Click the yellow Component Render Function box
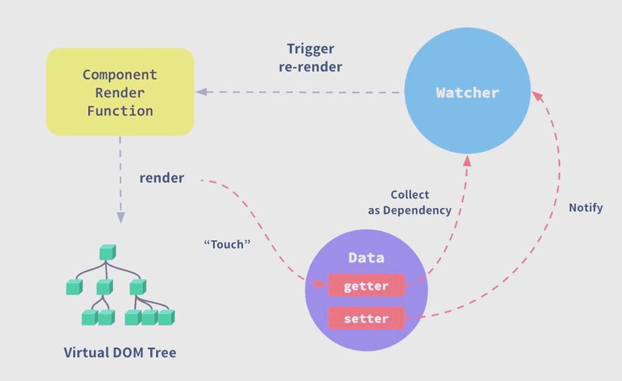click(x=120, y=92)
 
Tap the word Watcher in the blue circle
click(x=467, y=93)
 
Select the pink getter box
click(x=366, y=286)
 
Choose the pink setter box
click(x=366, y=318)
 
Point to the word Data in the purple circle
click(x=366, y=258)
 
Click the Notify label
click(x=586, y=208)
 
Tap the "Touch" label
click(x=227, y=244)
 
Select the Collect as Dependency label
click(x=410, y=202)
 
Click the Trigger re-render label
click(x=310, y=58)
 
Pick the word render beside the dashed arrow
click(x=162, y=178)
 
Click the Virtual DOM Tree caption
click(x=120, y=352)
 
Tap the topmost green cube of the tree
click(x=108, y=252)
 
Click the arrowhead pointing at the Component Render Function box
click(x=202, y=92)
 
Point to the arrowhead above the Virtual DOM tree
click(x=121, y=218)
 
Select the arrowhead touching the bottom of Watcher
click(x=467, y=160)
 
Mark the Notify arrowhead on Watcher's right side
click(x=537, y=96)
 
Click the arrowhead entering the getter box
click(x=319, y=284)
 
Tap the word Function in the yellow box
click(x=120, y=111)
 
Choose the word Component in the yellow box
click(x=120, y=75)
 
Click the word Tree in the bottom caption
click(x=162, y=352)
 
